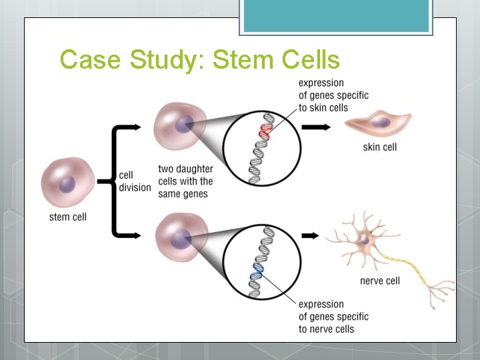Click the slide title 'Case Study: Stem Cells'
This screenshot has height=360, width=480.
(199, 60)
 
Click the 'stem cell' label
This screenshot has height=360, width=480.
(68, 217)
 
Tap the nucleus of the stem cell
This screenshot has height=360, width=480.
(67, 185)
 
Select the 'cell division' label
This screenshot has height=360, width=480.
(135, 181)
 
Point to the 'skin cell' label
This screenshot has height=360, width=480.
(380, 147)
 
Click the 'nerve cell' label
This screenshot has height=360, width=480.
(380, 281)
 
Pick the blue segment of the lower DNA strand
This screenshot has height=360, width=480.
(257, 271)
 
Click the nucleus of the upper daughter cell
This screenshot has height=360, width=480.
(184, 123)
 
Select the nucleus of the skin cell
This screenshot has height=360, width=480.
(381, 122)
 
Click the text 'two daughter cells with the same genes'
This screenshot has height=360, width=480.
(185, 181)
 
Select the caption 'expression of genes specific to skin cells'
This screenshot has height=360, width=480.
(333, 95)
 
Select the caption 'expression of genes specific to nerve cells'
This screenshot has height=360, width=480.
(333, 317)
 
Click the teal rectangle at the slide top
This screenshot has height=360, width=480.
(336, 16)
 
